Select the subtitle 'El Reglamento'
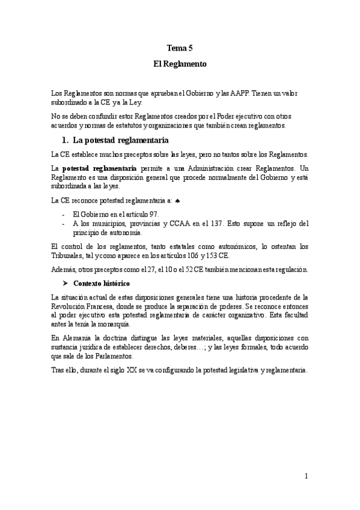[180, 63]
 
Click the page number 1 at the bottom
[306, 476]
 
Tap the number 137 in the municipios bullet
[217, 223]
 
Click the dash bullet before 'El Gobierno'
[64, 214]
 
